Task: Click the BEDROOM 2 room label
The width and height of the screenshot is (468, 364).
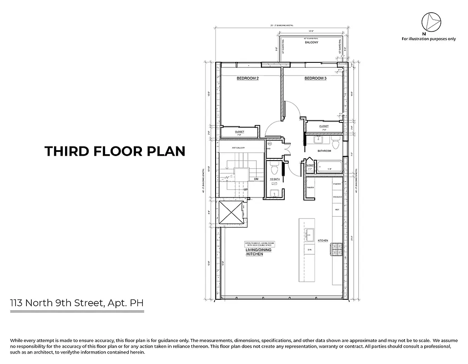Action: tap(247, 79)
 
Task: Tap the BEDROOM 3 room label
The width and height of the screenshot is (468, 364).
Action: tap(315, 79)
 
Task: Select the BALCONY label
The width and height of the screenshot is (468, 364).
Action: tap(311, 42)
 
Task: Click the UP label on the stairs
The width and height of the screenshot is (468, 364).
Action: tap(246, 189)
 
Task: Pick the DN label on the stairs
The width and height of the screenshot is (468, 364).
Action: tap(257, 179)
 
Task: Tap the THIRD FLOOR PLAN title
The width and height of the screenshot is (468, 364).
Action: tap(115, 151)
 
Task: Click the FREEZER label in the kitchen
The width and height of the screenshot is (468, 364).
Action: tap(337, 197)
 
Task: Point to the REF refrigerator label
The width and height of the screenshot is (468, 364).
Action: tap(337, 210)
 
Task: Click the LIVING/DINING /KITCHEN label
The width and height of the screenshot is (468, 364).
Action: tap(254, 252)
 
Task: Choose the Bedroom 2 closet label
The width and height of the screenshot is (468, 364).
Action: tap(239, 132)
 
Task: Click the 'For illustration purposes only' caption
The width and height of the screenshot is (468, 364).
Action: tap(428, 39)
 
